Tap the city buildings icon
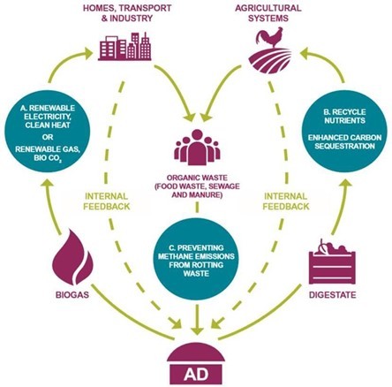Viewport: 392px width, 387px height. [124, 46]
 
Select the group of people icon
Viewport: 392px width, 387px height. [197, 147]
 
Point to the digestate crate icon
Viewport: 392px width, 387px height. [333, 262]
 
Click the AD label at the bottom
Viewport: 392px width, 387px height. [196, 375]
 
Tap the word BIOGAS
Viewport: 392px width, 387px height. [72, 295]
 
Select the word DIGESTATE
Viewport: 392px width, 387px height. [333, 295]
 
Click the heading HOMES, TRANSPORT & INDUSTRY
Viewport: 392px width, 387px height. [127, 13]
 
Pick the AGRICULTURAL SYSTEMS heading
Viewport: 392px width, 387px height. [268, 13]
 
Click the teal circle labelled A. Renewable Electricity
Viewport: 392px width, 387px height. [47, 131]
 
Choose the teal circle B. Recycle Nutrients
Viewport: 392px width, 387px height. [344, 131]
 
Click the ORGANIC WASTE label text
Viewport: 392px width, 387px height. [197, 186]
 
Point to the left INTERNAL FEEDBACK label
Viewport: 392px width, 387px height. [107, 201]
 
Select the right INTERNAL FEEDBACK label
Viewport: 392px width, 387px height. [286, 201]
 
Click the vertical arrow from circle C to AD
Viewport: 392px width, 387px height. [197, 320]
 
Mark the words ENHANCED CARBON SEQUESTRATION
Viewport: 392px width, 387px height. [344, 142]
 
